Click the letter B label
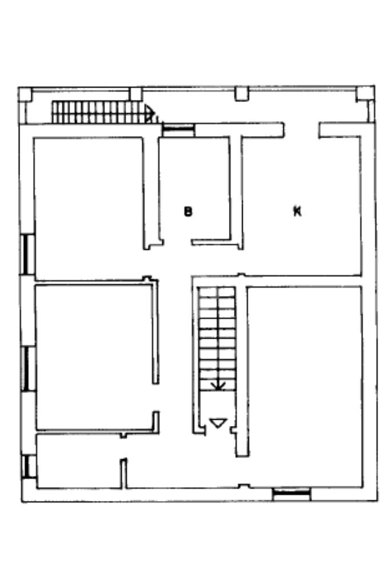[188, 212]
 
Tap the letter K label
[297, 212]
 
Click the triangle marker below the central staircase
[218, 423]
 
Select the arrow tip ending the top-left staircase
[151, 112]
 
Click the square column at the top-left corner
[25, 94]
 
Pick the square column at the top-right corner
[365, 93]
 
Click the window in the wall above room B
[178, 129]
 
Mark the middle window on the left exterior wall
[27, 368]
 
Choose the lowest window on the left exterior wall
[28, 467]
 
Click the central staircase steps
[217, 339]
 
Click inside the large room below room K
[304, 386]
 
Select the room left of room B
[89, 209]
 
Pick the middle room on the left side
[94, 357]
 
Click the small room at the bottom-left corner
[79, 461]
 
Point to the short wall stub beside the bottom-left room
[124, 473]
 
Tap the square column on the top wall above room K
[242, 93]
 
